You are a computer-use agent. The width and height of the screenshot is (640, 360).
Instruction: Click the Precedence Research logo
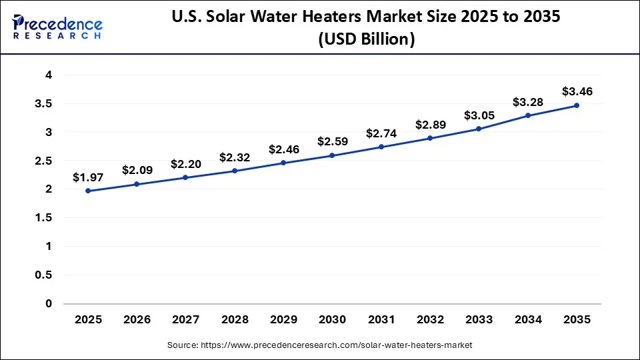(57, 27)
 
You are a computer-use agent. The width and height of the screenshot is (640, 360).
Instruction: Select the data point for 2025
(88, 191)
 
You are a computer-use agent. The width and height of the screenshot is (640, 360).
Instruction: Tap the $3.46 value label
(577, 91)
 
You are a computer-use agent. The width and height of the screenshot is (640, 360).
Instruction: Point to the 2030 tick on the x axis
(332, 320)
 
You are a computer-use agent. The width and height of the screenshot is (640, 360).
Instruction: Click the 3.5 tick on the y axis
(43, 104)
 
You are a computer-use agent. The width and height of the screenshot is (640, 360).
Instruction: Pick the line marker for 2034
(528, 115)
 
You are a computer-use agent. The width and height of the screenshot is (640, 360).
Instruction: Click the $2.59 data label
(332, 141)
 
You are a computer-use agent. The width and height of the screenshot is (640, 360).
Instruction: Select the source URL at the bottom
(319, 345)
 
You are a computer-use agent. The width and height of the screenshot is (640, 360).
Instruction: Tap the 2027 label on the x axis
(185, 320)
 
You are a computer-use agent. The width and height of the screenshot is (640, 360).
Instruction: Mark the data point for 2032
(430, 138)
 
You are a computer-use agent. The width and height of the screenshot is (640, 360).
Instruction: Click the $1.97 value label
(88, 177)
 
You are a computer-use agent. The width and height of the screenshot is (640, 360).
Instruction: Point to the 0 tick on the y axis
(48, 304)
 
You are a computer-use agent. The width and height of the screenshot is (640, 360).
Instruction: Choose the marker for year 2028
(235, 171)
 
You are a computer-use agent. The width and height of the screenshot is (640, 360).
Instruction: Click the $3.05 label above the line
(479, 115)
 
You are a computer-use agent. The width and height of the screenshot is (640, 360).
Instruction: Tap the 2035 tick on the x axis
(577, 320)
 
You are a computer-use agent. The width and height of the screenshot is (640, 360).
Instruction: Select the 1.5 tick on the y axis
(43, 218)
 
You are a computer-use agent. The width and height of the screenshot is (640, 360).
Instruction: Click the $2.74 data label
(381, 133)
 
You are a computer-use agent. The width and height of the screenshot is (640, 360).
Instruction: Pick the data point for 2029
(283, 163)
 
